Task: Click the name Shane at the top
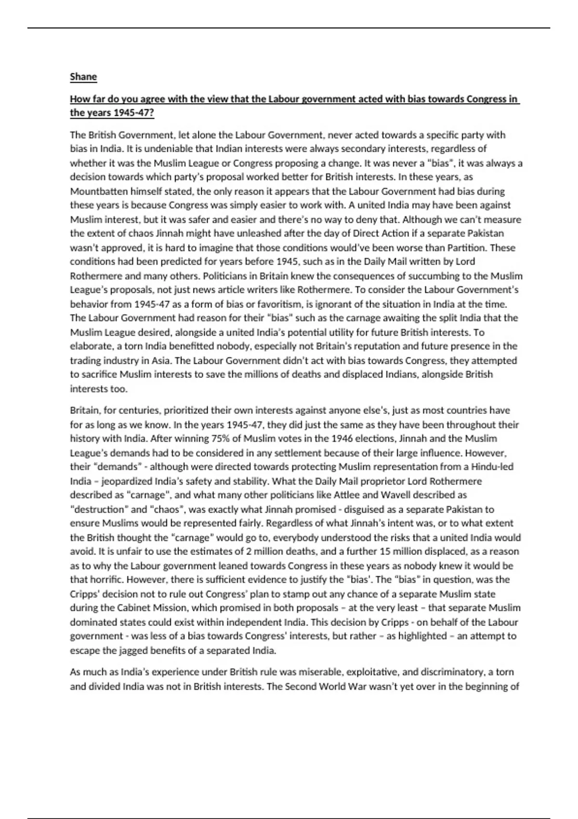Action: click(83, 77)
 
